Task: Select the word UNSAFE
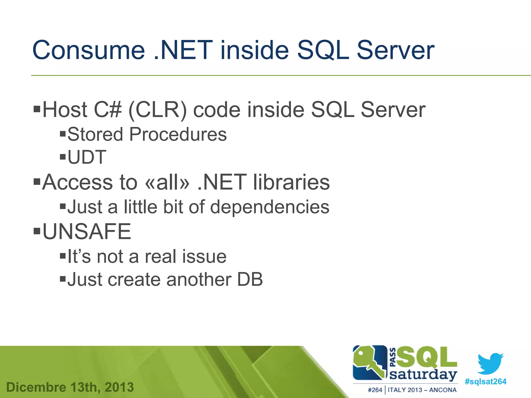coord(87,231)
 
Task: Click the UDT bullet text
coord(87,157)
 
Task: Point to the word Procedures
coord(178,134)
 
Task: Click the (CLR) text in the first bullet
coord(157,110)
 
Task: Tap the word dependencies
coord(270,207)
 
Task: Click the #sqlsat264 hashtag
coord(485,381)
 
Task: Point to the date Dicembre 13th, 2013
coord(70,387)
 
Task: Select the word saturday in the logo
coord(423,375)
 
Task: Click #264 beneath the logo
coord(375,390)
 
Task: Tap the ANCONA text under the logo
coord(443,390)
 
